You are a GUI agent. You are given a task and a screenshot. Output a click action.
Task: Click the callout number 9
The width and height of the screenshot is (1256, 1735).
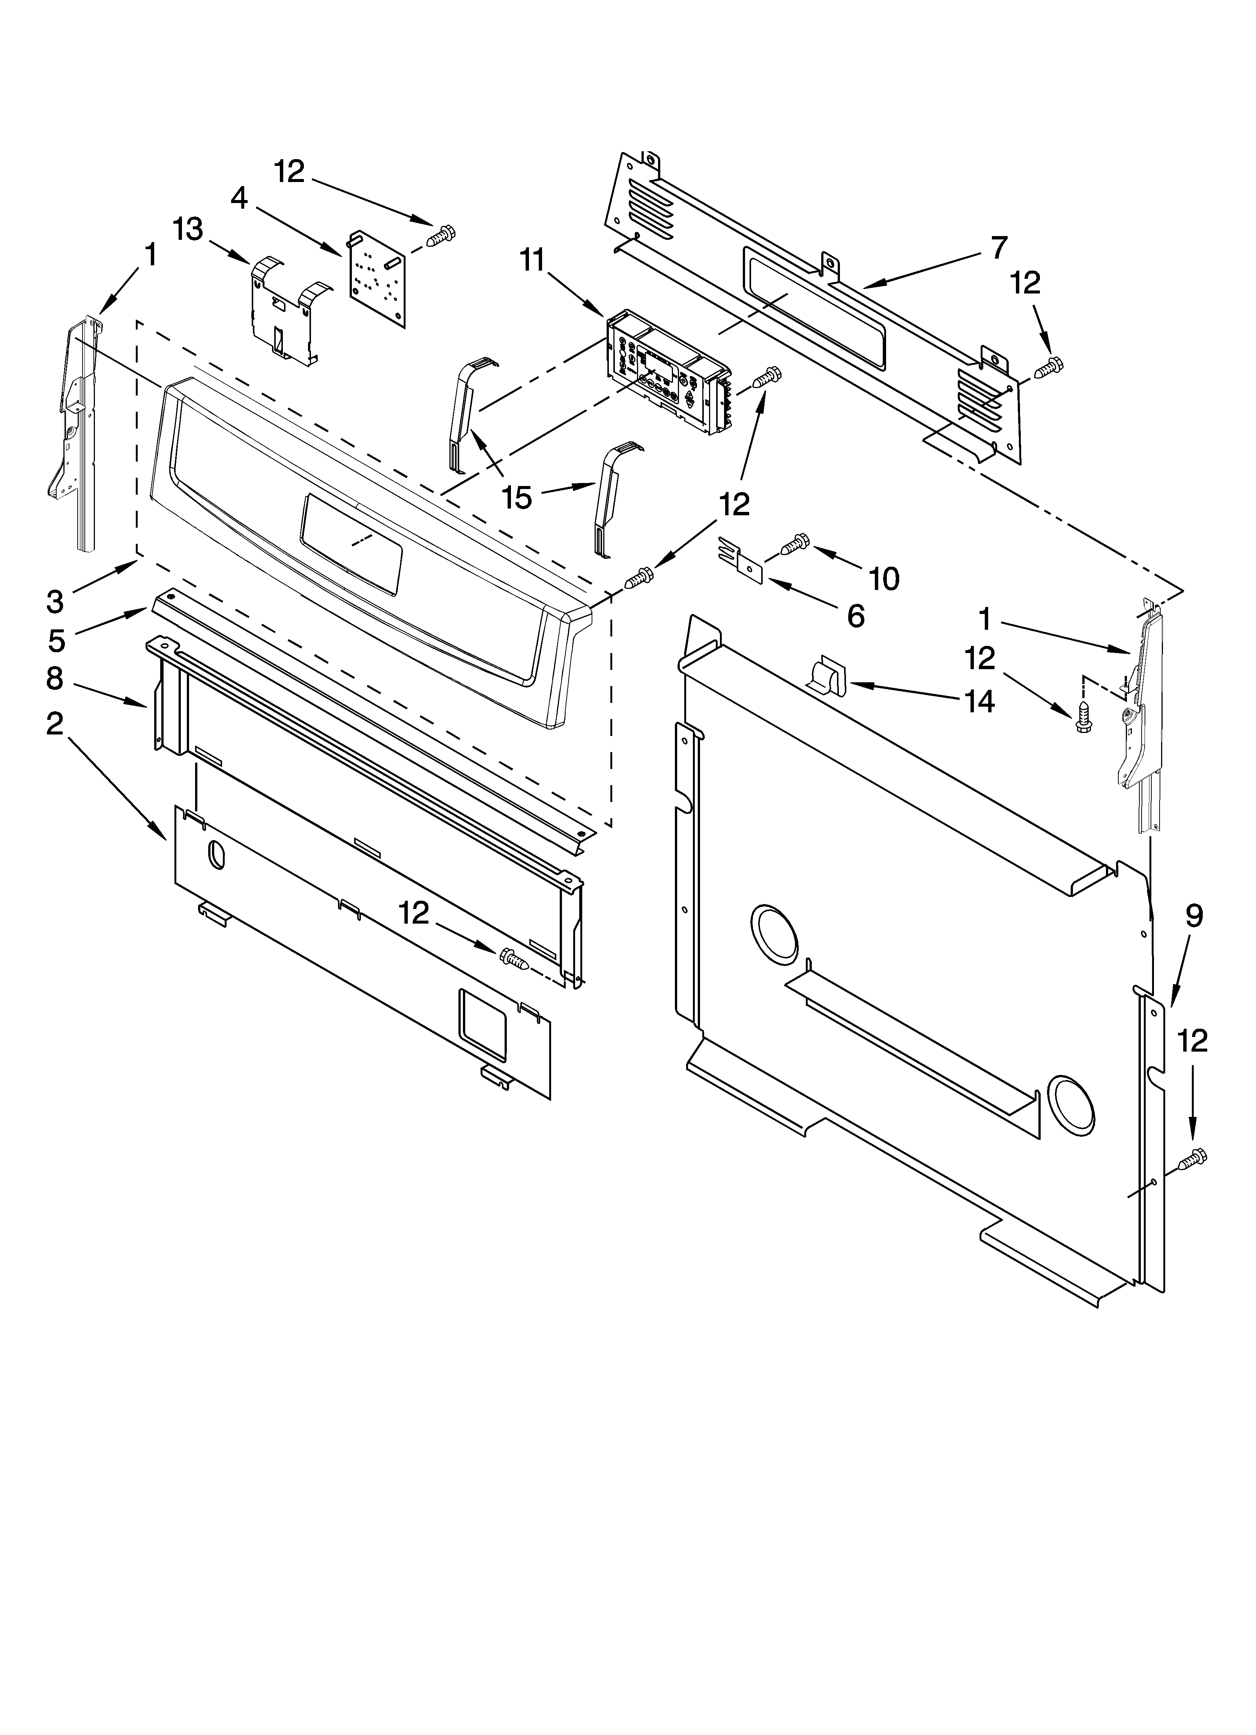[x=1194, y=916]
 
